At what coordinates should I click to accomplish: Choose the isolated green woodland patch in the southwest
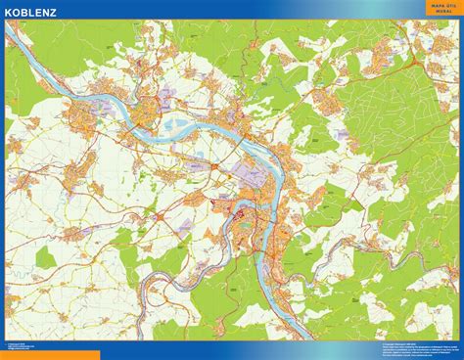47,256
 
